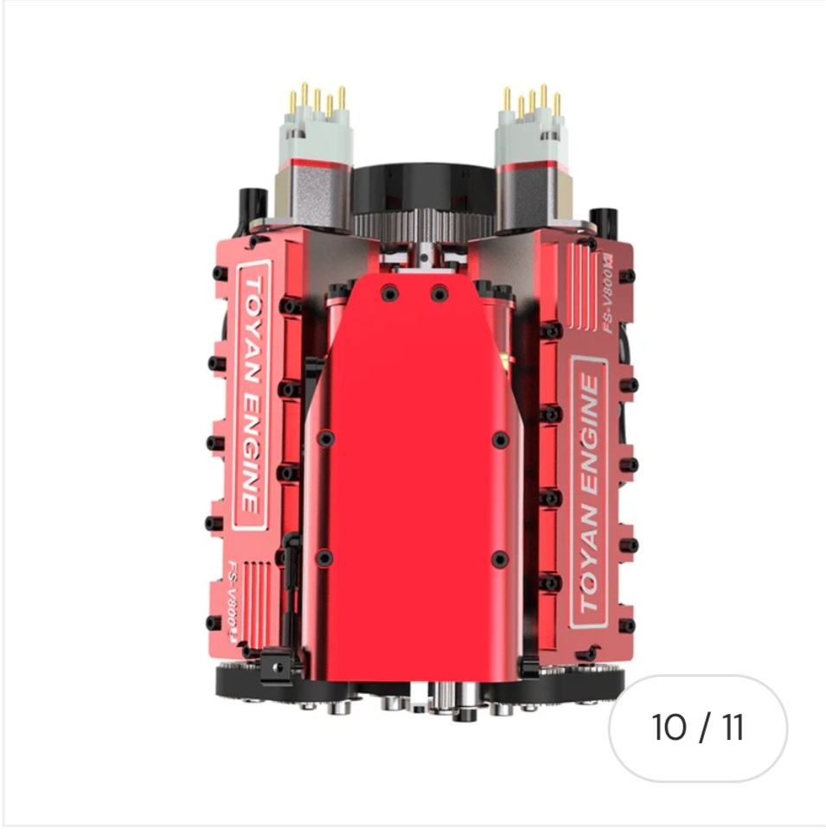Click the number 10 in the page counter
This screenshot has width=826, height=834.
669,729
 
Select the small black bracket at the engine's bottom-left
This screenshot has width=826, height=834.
274,665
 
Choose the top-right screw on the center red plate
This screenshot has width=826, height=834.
439,293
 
